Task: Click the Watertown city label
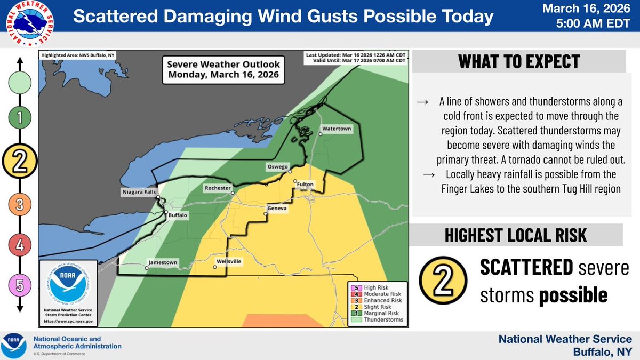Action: (336, 129)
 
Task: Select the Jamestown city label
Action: (162, 262)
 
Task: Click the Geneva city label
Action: (277, 207)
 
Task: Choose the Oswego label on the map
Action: (277, 167)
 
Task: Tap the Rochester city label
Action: (218, 188)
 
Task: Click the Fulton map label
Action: (306, 185)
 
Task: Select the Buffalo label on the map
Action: (178, 215)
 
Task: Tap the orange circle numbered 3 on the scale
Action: (20, 204)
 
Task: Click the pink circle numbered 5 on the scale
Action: (20, 286)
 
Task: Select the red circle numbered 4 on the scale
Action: (20, 245)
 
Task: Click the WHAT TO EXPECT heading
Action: (518, 61)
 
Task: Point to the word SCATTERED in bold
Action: (526, 268)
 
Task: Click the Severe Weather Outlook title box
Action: (223, 69)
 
